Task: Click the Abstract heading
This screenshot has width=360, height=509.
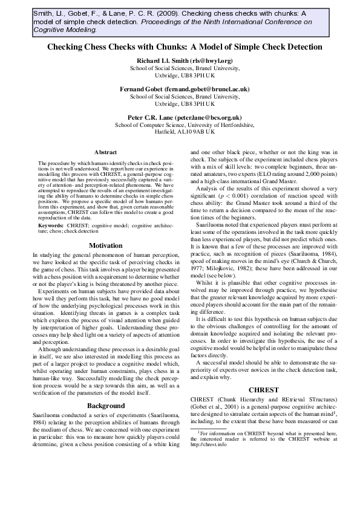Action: click(x=105, y=152)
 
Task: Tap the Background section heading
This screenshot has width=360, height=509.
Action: click(x=105, y=405)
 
